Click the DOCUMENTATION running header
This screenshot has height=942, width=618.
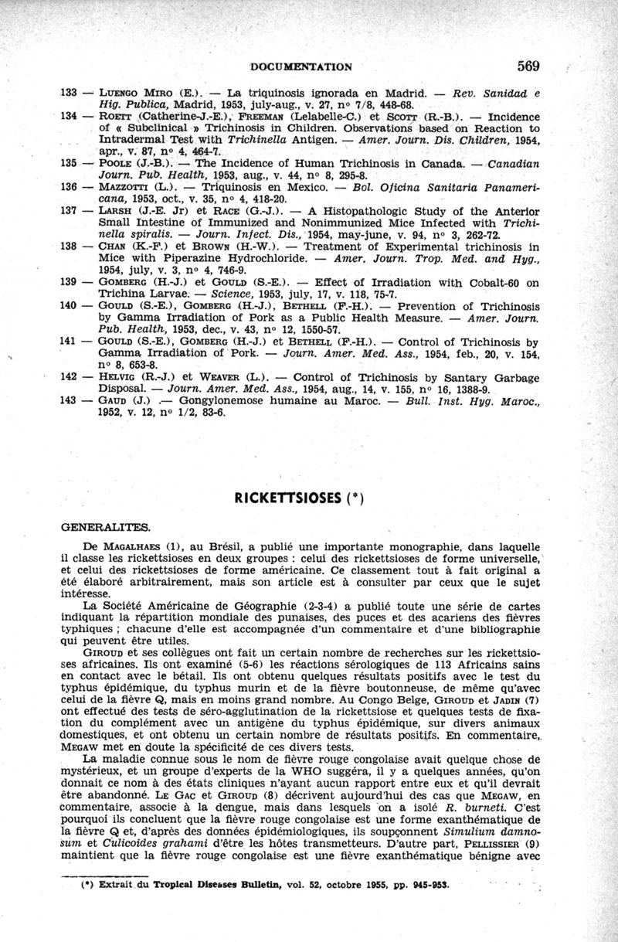click(302, 66)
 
